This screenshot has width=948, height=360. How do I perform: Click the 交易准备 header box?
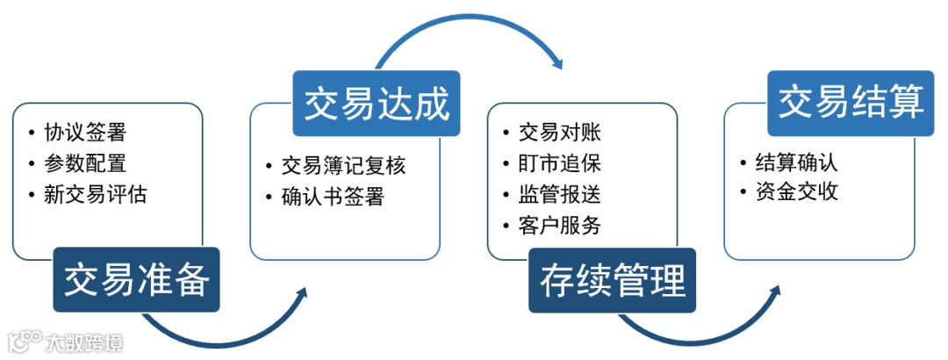point(136,280)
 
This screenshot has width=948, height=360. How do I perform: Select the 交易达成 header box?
point(377,104)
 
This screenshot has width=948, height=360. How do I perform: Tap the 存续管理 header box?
point(612,280)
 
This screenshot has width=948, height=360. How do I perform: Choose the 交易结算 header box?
point(851,104)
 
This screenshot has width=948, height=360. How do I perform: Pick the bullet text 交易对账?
point(559,133)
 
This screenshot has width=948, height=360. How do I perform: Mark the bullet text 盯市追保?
point(559,163)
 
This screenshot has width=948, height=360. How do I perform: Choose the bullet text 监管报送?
point(559,194)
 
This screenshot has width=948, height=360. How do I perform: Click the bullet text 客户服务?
point(559,225)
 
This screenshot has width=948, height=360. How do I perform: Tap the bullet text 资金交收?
point(796,191)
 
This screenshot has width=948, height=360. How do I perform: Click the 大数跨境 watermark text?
point(85,342)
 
